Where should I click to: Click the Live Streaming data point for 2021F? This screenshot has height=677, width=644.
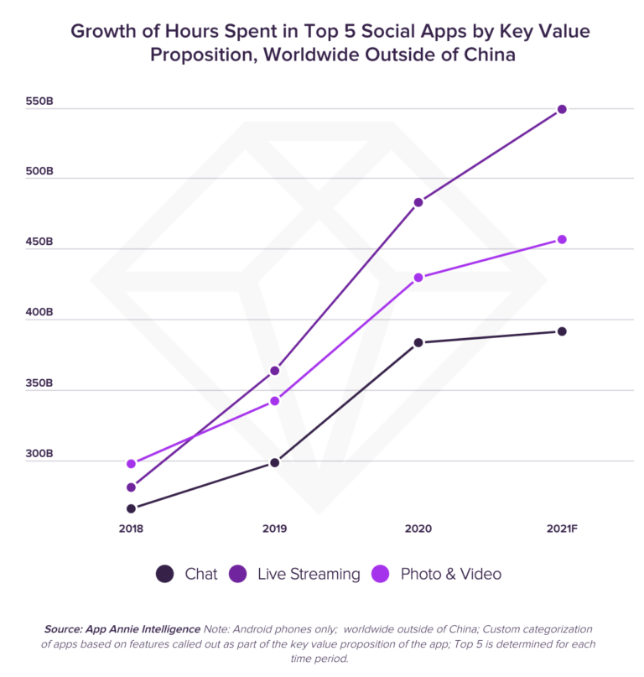tap(562, 109)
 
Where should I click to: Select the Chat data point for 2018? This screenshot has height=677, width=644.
tap(131, 508)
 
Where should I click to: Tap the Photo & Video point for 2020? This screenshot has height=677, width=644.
tap(418, 278)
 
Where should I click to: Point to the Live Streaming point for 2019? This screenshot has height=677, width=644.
tap(274, 371)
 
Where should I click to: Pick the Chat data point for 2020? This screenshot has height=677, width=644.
tap(418, 342)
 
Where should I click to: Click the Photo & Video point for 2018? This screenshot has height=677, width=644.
tap(131, 464)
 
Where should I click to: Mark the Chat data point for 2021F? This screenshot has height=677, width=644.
tap(562, 331)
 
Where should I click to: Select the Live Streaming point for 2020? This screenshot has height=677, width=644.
tap(418, 202)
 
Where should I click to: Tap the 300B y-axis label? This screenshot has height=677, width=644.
tap(39, 454)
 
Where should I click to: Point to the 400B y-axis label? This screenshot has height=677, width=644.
tap(39, 313)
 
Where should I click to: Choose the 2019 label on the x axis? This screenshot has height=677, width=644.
tap(274, 529)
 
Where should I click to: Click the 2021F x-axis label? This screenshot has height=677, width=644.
tap(562, 529)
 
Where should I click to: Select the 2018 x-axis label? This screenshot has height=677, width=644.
tap(131, 529)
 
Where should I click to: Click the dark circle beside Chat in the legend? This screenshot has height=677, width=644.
tap(165, 574)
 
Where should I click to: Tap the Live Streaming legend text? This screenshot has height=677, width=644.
tap(309, 574)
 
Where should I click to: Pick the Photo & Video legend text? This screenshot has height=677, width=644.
tap(451, 574)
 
